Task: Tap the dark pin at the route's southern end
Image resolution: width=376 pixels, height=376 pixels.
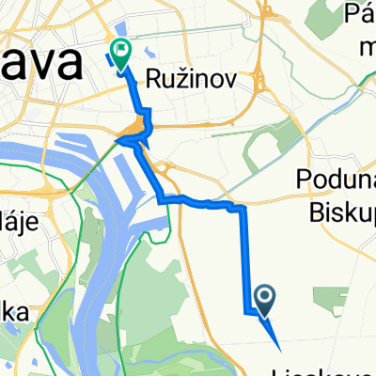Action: (265, 301)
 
